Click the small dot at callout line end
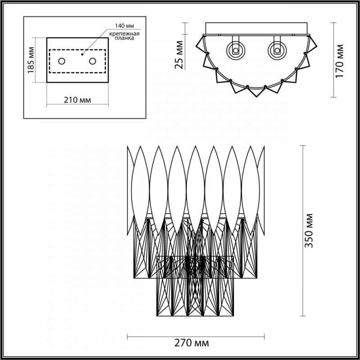tap(82, 54)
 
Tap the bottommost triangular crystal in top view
tap(256, 92)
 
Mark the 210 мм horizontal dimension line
tap(77, 106)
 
